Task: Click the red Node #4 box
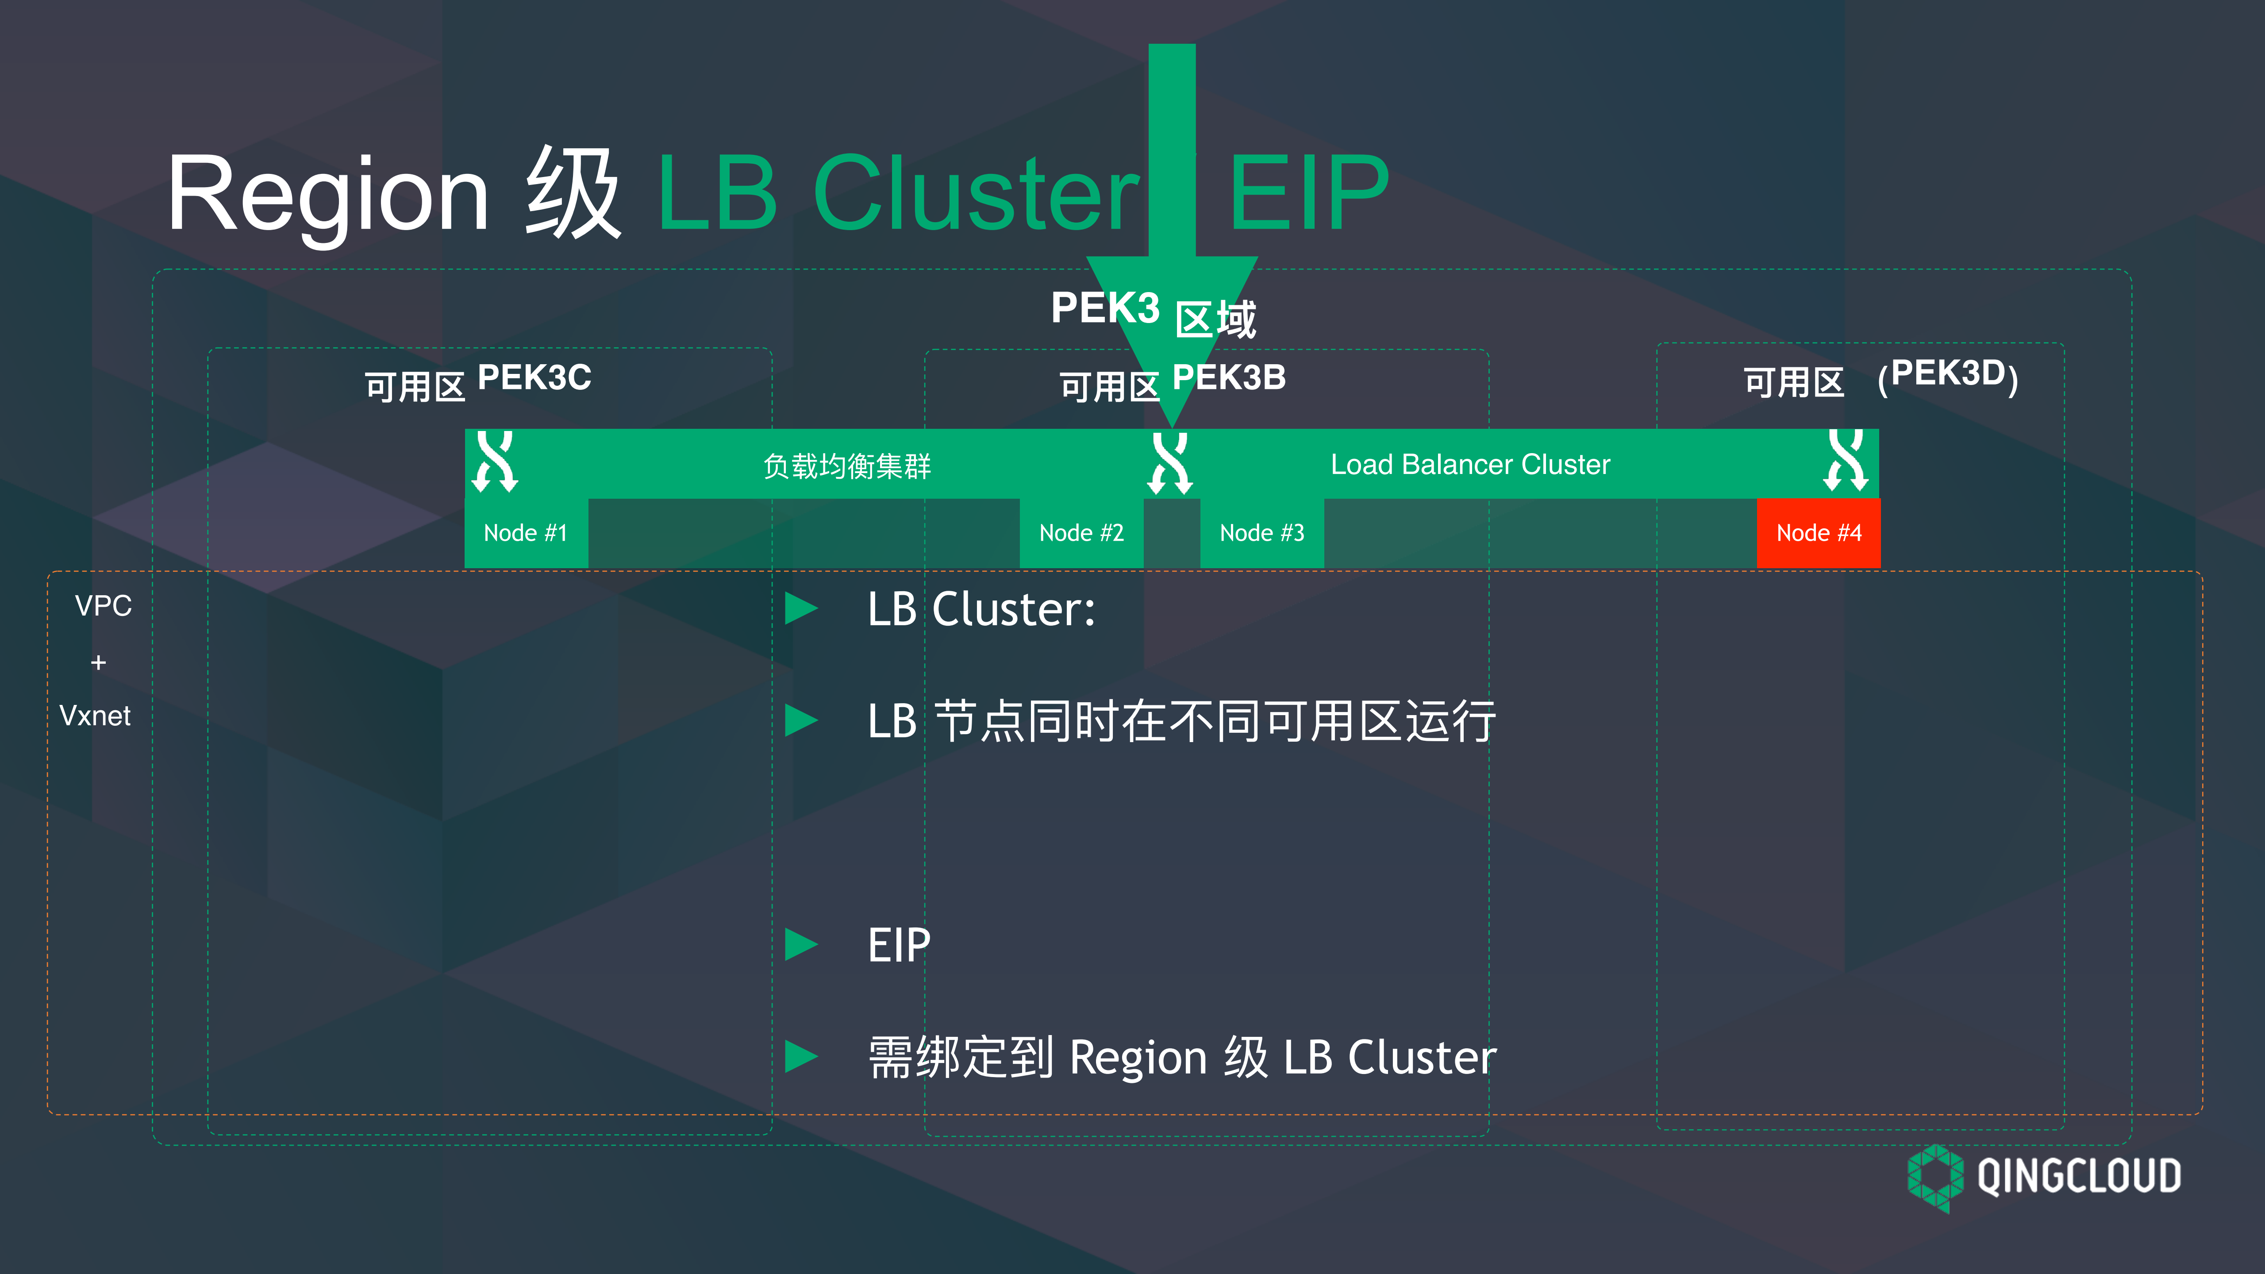click(1819, 533)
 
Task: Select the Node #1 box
click(526, 533)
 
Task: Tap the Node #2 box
click(1081, 533)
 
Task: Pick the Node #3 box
click(1262, 533)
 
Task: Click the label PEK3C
click(534, 378)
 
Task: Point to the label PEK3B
click(1229, 378)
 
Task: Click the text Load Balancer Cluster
click(1470, 464)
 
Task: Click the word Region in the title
click(327, 195)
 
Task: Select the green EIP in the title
click(1308, 193)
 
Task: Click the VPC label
click(103, 606)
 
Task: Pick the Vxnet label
click(95, 716)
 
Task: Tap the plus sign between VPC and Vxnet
click(99, 662)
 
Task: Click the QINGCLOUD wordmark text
click(2079, 1176)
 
